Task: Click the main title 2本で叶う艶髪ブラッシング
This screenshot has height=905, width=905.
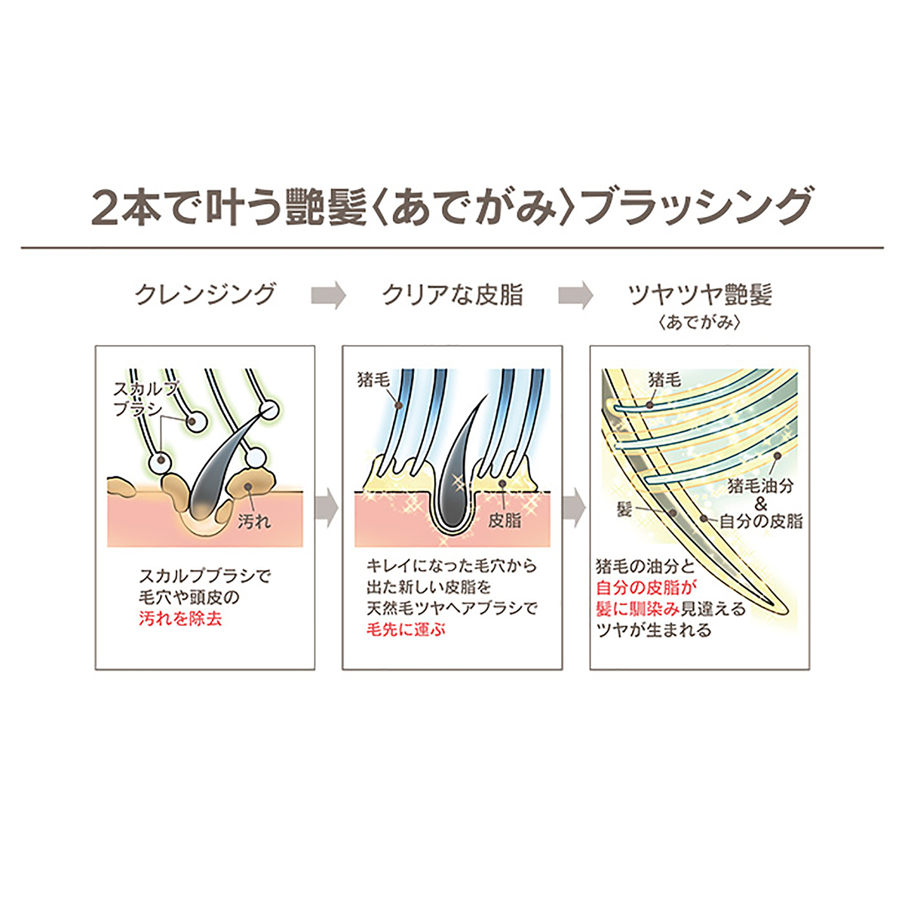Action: [x=452, y=206]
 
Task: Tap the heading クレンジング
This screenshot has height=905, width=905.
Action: [x=205, y=294]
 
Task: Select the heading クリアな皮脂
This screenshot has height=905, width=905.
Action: [x=452, y=294]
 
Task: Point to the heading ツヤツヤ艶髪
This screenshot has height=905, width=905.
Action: [x=700, y=294]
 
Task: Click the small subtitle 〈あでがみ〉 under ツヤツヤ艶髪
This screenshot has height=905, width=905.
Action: [x=699, y=323]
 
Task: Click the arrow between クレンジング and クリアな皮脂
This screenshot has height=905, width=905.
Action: [x=328, y=295]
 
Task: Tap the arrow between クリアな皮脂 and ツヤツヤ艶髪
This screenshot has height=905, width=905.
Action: [x=575, y=295]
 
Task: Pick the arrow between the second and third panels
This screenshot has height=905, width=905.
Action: [x=575, y=507]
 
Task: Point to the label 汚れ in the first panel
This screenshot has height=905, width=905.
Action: [x=254, y=520]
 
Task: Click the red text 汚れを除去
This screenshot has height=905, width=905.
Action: [x=180, y=619]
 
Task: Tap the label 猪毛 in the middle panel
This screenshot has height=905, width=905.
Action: [x=373, y=380]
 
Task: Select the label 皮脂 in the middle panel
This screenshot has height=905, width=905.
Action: [x=505, y=520]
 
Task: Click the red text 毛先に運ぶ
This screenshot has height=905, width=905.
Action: [x=406, y=628]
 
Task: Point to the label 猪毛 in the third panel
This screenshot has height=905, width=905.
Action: [x=664, y=379]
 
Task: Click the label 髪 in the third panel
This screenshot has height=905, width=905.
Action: [x=624, y=510]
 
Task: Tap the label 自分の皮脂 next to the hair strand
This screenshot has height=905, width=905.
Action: [x=760, y=520]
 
